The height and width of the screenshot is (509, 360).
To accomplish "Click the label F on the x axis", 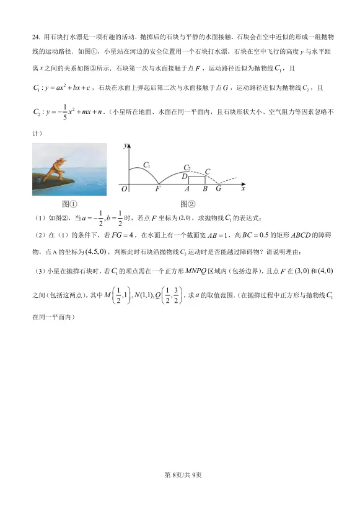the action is click(x=157, y=189).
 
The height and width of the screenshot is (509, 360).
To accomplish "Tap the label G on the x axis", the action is click(x=218, y=189).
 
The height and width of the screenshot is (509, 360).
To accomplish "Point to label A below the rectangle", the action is click(x=187, y=189).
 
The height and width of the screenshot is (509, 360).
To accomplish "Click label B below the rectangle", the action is click(x=205, y=189).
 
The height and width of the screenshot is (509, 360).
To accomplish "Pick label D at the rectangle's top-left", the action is click(x=185, y=176).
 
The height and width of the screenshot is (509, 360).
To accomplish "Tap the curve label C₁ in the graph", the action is click(x=147, y=164).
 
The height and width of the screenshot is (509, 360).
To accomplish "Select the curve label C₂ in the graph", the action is click(x=187, y=167).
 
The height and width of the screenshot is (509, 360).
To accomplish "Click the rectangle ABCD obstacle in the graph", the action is click(x=196, y=180).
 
